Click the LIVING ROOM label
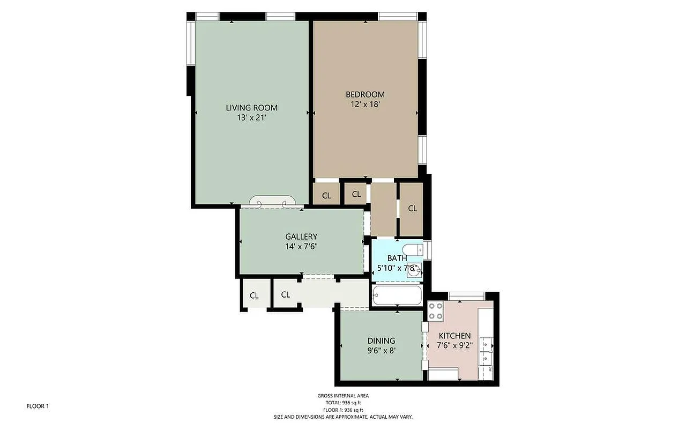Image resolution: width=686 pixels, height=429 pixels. coord(251,108)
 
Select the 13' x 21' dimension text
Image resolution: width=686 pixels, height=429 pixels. coord(251,117)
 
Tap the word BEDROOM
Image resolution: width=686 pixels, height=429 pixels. coord(365,95)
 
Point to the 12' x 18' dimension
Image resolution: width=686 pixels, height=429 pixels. coord(365,104)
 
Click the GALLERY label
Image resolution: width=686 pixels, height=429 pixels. coord(301,236)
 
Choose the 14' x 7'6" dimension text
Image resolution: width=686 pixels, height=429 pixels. coord(301,246)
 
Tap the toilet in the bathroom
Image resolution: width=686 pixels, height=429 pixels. coord(413,250)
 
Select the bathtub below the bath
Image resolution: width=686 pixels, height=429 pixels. coord(397,295)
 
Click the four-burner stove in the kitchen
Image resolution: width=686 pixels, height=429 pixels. coord(435,311)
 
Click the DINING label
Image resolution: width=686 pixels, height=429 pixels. coord(381,341)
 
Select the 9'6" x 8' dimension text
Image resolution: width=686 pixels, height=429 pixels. coord(381,350)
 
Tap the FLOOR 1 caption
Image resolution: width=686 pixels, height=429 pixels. coord(38,406)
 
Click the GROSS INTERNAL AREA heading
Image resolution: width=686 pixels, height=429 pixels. coord(342,396)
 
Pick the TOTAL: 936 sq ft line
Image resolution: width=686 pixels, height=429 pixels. coord(342,403)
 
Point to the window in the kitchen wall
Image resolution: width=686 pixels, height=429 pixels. coord(466,295)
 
